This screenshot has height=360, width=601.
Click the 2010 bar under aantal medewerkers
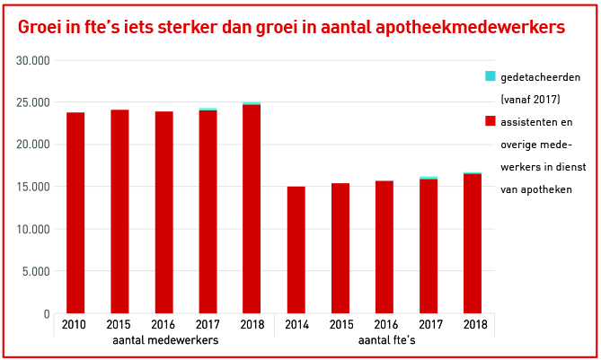75,213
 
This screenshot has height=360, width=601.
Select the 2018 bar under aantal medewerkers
252,209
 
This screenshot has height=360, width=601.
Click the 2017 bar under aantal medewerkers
208,212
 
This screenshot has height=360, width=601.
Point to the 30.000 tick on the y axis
33,60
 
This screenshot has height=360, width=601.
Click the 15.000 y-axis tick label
33,187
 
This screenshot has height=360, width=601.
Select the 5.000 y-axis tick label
36,271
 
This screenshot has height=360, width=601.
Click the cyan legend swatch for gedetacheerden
490,76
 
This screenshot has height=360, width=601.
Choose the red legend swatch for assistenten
490,120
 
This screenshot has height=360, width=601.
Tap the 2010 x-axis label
75,324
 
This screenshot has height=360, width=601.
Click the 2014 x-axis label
296,324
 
